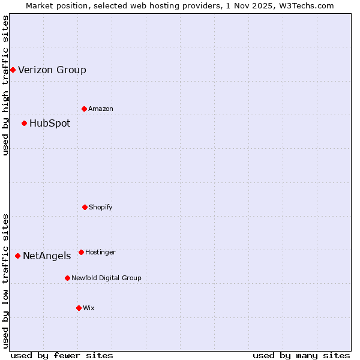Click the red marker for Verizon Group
tap(13, 70)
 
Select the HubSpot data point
tap(24, 123)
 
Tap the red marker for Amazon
tap(84, 109)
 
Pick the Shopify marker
tap(85, 207)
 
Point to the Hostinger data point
tap(81, 252)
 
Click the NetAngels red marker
tap(17, 256)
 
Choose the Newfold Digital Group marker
tap(67, 278)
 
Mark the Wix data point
tap(79, 308)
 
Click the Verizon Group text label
tap(52, 70)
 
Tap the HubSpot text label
tap(50, 123)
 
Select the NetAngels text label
tap(47, 256)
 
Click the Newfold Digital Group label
tap(106, 278)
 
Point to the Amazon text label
tap(101, 109)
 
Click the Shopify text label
tap(101, 207)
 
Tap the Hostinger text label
tap(100, 252)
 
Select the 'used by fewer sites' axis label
tap(62, 355)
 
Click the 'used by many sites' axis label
tap(301, 355)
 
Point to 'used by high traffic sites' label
tap(5, 85)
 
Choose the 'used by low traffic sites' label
tap(5, 280)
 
